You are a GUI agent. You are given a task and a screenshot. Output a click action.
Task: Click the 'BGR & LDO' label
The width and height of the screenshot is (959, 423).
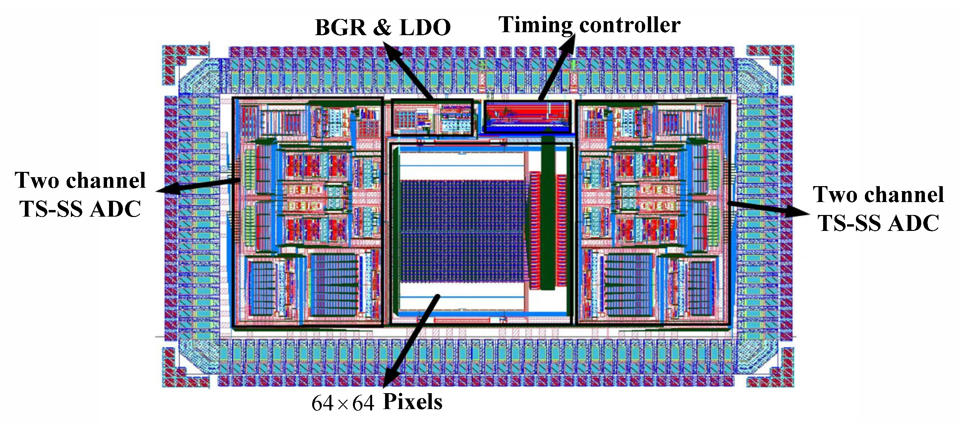click(x=382, y=27)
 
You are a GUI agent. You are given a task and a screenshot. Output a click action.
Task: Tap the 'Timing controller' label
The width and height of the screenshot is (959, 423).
click(x=589, y=25)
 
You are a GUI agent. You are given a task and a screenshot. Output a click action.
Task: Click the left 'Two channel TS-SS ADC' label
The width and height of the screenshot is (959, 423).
click(x=80, y=194)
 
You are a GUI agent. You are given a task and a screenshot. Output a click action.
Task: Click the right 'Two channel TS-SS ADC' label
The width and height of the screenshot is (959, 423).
click(x=878, y=209)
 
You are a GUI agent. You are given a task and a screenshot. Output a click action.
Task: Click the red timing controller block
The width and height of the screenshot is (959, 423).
click(x=527, y=116)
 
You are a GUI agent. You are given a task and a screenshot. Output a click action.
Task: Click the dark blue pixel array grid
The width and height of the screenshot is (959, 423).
click(x=462, y=231)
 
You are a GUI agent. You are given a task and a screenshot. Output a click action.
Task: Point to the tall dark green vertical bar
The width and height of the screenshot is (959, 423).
click(x=547, y=212)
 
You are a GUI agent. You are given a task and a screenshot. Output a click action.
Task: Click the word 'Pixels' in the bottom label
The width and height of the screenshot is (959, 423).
click(x=413, y=402)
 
